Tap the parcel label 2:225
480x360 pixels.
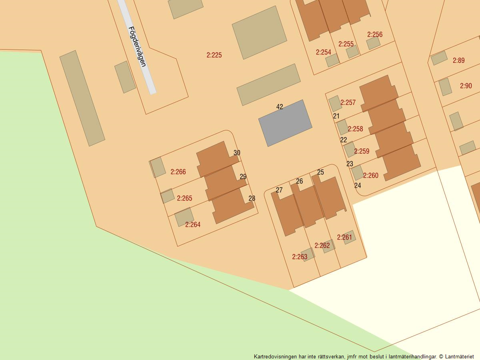coord(214,55)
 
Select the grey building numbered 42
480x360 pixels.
coord(285,123)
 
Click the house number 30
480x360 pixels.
coord(237,153)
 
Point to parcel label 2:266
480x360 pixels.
coord(178,172)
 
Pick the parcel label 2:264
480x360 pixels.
coord(193,225)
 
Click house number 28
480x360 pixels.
coord(252,198)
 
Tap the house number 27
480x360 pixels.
coord(279,190)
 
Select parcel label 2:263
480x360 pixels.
coord(300,257)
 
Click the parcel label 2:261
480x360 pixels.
coord(344,238)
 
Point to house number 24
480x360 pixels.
coord(358,185)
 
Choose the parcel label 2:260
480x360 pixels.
coord(371,176)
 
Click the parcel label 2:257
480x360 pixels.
coord(348,103)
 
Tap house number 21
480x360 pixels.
coord(336,116)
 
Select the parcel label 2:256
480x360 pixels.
coord(375,34)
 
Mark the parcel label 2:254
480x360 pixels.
coord(323,52)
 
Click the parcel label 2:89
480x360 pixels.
coord(458,61)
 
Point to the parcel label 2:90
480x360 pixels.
coord(466,86)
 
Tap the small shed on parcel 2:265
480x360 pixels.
coord(168,196)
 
